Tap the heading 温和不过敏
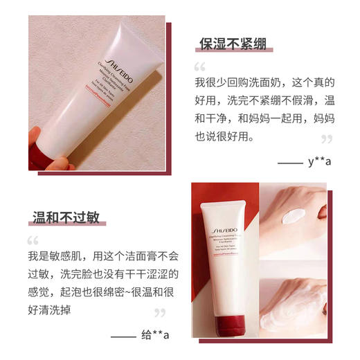coord(66,218)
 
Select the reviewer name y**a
coord(320,162)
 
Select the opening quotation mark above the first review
coord(200,68)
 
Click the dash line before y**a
coord(288,162)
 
